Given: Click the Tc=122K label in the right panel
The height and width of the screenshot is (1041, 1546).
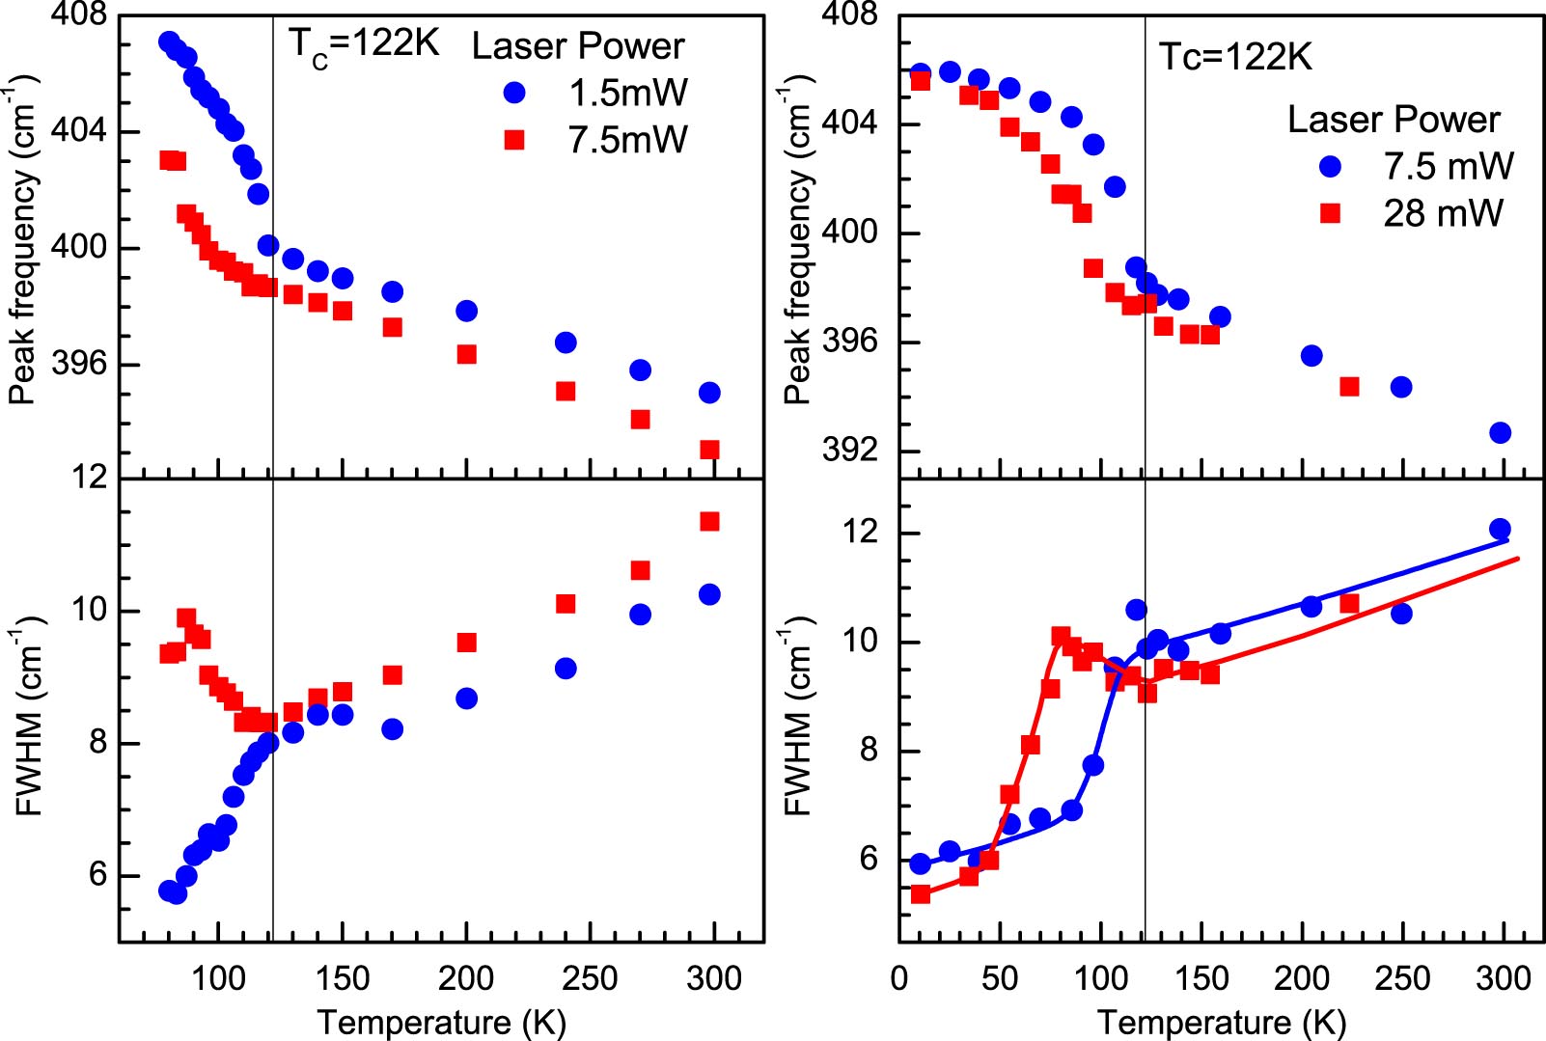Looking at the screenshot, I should click(x=1234, y=58).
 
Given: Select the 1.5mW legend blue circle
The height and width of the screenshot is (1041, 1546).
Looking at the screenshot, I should click(x=515, y=93).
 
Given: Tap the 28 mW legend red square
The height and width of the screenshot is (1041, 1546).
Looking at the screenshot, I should click(x=1331, y=213).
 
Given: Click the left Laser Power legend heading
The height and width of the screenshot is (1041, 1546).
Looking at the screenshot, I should click(x=577, y=45).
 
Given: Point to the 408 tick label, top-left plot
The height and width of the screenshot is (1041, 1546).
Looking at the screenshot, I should click(x=79, y=15).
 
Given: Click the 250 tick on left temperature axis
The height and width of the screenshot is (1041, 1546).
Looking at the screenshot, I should click(x=590, y=978).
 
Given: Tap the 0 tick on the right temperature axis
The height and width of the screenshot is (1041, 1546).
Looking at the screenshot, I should click(x=899, y=978).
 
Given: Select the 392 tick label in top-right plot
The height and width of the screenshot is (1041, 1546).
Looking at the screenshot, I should click(x=850, y=450).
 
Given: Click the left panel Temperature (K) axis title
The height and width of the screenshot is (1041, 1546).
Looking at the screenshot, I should click(x=441, y=1023).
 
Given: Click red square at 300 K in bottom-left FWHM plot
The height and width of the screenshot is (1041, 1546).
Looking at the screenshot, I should click(x=709, y=522).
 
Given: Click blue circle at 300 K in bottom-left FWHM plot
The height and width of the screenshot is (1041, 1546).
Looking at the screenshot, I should click(x=709, y=594).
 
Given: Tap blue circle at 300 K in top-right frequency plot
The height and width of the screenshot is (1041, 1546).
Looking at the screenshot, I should click(x=1500, y=433).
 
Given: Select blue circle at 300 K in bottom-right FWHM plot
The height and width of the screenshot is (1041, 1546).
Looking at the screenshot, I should click(x=1500, y=529).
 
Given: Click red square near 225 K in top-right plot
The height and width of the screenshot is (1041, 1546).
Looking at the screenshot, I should click(x=1349, y=387).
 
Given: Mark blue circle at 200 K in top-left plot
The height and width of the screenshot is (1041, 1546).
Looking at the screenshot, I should click(x=466, y=311).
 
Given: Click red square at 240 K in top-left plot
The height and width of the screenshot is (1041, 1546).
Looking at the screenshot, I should click(x=566, y=392).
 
